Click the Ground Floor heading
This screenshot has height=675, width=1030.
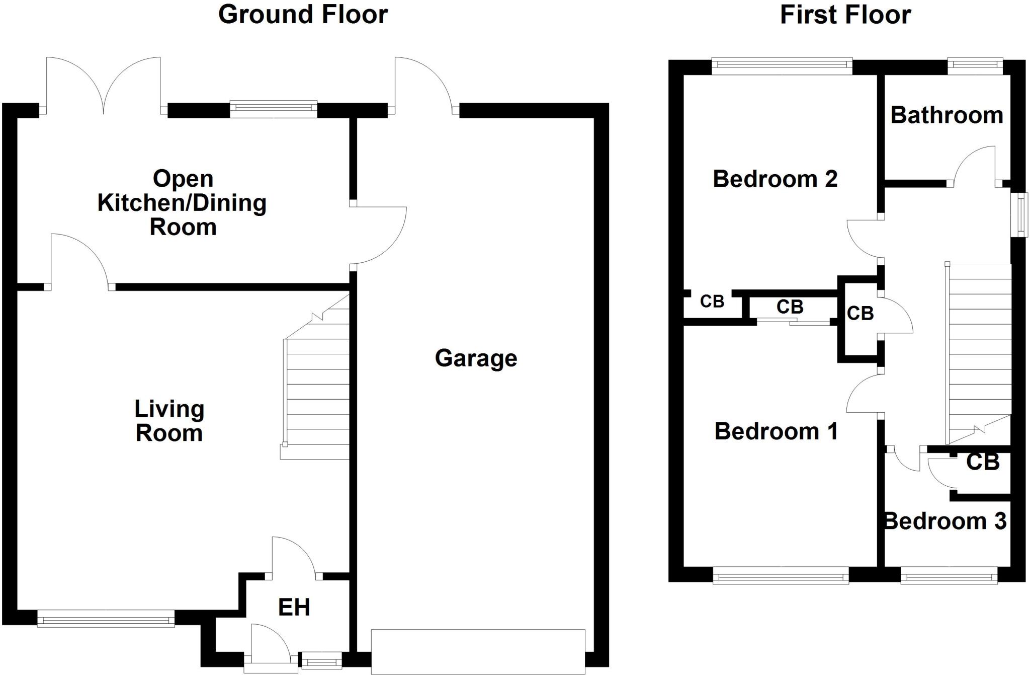[x=303, y=15]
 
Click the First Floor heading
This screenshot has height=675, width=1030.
[x=845, y=15]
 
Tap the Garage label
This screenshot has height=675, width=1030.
[x=476, y=358]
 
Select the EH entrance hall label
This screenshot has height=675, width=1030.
[x=294, y=608]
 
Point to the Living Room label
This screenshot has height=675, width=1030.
[x=169, y=421]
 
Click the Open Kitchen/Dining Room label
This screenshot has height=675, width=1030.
[x=182, y=203]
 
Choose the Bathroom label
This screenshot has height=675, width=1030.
[x=947, y=115]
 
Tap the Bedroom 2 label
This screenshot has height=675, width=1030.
[x=775, y=179]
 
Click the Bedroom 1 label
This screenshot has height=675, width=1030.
[x=776, y=431]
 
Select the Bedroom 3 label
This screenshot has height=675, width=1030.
[x=946, y=521]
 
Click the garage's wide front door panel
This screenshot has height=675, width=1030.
[x=478, y=651]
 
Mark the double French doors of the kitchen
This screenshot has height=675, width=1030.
[x=104, y=86]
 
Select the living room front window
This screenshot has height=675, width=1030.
[x=106, y=619]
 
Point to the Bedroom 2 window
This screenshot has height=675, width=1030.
[x=782, y=66]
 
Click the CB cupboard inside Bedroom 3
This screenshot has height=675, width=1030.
[x=982, y=462]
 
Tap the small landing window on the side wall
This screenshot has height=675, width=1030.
[x=1020, y=215]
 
